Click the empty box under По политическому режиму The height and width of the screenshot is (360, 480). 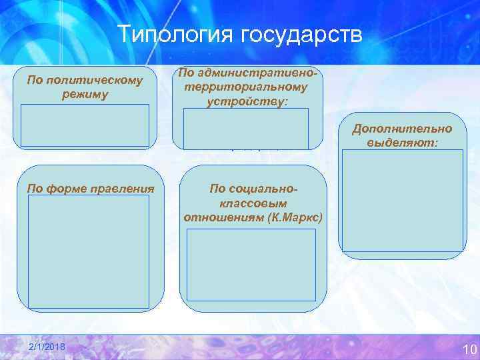click(x=85, y=125)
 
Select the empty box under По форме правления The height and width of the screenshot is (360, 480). click(x=89, y=251)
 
